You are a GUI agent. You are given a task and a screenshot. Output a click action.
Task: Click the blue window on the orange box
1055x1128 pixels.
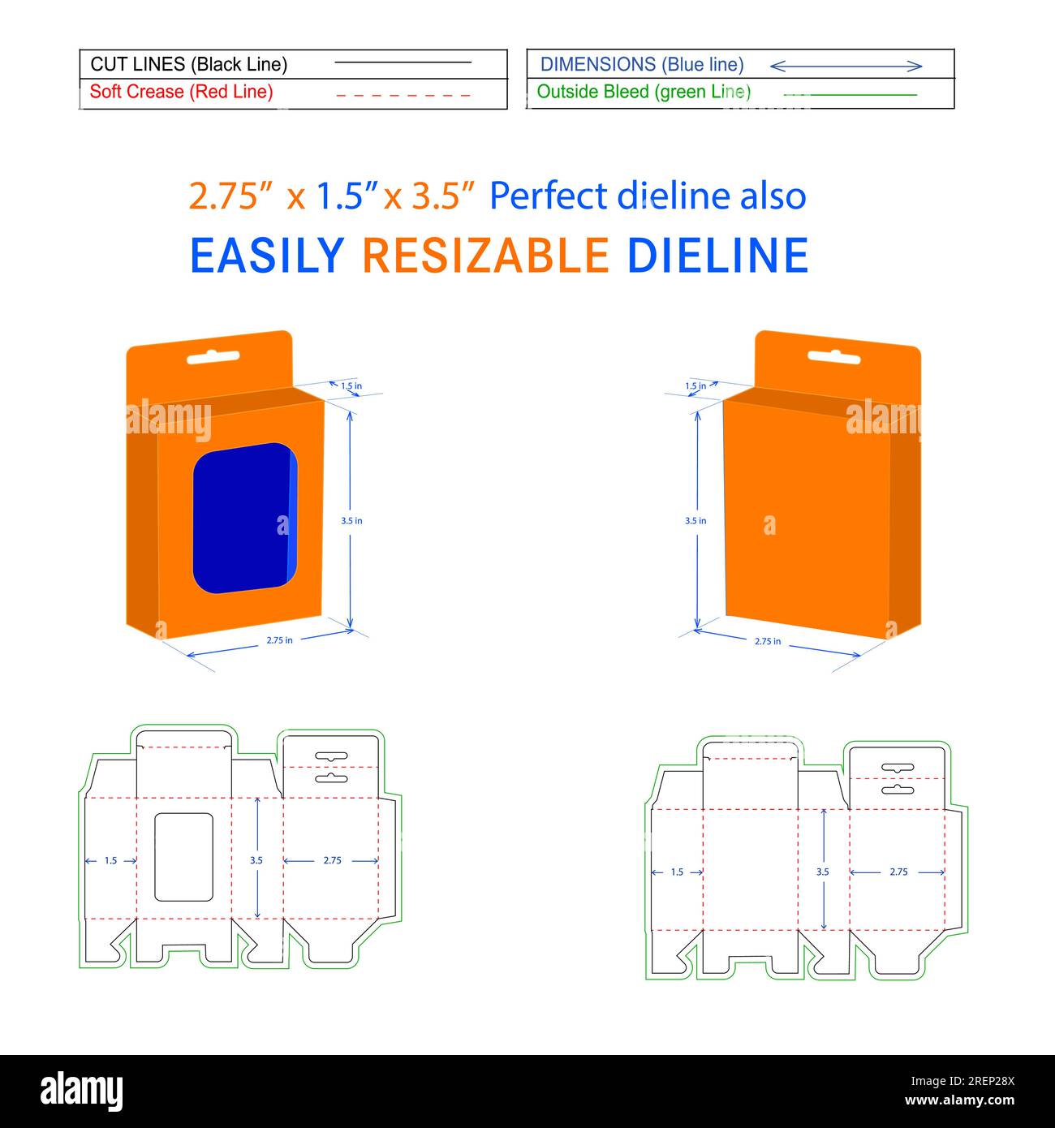pyautogui.click(x=243, y=517)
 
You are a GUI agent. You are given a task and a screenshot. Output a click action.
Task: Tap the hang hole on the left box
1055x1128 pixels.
pyautogui.click(x=213, y=356)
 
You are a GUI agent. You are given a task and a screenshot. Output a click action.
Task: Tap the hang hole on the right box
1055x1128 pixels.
pyautogui.click(x=833, y=356)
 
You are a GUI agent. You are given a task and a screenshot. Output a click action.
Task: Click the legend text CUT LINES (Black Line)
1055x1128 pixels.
pyautogui.click(x=188, y=64)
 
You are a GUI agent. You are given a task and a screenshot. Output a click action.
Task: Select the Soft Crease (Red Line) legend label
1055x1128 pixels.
pyautogui.click(x=181, y=92)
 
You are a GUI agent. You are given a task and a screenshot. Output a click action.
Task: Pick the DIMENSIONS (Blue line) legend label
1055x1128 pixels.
pyautogui.click(x=642, y=64)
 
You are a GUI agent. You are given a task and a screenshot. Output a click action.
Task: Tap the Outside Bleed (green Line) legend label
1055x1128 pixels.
pyautogui.click(x=644, y=92)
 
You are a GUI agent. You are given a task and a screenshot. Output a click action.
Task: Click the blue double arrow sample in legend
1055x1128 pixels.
pyautogui.click(x=846, y=66)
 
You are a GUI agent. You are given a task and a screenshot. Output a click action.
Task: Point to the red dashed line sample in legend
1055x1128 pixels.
pyautogui.click(x=403, y=95)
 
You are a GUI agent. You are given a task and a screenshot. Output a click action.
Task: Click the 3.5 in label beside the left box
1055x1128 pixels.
pyautogui.click(x=351, y=521)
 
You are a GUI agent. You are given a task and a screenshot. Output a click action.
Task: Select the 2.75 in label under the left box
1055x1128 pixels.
pyautogui.click(x=279, y=640)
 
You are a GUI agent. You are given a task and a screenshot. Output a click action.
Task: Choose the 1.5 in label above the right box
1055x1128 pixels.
pyautogui.click(x=695, y=386)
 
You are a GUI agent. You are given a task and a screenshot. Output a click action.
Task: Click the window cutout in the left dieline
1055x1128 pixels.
pyautogui.click(x=183, y=856)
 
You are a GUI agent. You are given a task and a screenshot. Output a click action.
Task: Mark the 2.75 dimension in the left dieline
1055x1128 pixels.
pyautogui.click(x=332, y=860)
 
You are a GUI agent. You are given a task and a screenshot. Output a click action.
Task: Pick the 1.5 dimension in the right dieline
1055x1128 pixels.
pyautogui.click(x=677, y=872)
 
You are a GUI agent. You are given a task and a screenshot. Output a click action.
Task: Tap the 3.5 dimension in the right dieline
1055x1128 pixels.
pyautogui.click(x=823, y=872)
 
